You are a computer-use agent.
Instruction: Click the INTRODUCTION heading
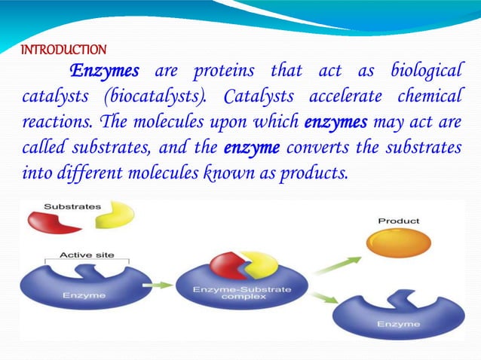pos(63,50)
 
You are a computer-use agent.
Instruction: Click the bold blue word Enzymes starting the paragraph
pos(105,72)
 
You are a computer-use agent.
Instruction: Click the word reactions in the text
pos(51,122)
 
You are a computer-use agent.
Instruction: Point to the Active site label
pos(87,255)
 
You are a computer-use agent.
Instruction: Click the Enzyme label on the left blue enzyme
pos(84,295)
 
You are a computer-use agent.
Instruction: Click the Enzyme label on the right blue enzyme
pos(398,325)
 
